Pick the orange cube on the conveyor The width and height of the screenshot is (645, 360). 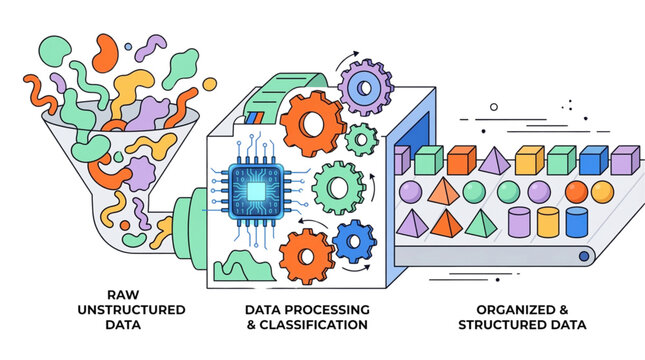pyautogui.click(x=461, y=160)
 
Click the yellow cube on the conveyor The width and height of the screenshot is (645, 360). pyautogui.click(x=528, y=159)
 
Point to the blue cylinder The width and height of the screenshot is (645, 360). pyautogui.click(x=577, y=222)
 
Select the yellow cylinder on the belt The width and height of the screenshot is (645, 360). pyautogui.click(x=547, y=222)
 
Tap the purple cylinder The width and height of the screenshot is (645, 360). pyautogui.click(x=518, y=222)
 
